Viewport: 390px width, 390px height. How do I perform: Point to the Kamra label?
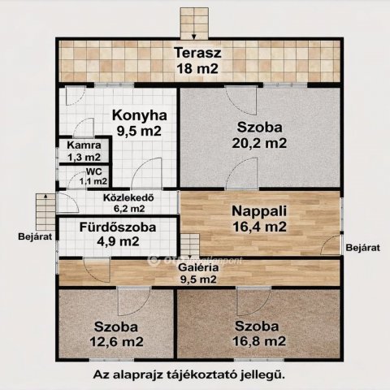click(x=84, y=146)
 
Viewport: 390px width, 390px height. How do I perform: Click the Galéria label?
click(x=197, y=268)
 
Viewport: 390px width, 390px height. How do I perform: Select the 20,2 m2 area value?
click(x=262, y=143)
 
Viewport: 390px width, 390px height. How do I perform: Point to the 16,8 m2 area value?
click(x=260, y=340)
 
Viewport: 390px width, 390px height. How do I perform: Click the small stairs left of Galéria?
click(x=188, y=244)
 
